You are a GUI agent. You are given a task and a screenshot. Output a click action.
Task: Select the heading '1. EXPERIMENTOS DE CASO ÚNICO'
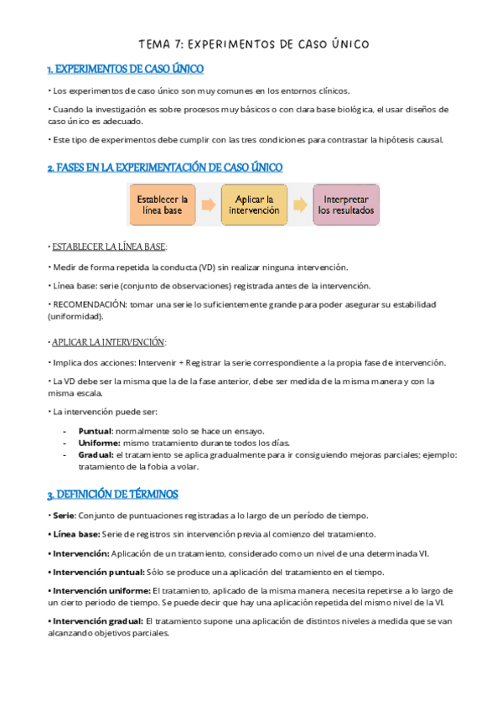[x=126, y=69]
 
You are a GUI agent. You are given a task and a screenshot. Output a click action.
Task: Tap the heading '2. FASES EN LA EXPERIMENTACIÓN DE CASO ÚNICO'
[x=165, y=168]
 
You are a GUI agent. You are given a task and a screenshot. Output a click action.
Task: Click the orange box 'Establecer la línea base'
[x=163, y=205]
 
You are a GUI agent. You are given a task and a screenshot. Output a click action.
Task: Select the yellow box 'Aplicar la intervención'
[x=254, y=205]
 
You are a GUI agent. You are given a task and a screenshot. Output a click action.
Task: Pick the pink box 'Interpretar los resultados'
[x=345, y=205]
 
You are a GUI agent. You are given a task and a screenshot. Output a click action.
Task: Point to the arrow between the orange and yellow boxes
[x=209, y=205]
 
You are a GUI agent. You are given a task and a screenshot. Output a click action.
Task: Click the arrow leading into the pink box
[x=300, y=205]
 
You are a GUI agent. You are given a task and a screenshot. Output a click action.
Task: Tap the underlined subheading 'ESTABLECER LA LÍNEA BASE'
[x=109, y=247]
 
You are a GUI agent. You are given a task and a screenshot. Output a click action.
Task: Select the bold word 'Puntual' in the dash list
[x=95, y=430]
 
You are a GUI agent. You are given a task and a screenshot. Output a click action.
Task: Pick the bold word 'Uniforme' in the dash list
[x=98, y=442]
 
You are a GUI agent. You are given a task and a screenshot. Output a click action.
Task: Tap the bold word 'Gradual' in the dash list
[x=96, y=454]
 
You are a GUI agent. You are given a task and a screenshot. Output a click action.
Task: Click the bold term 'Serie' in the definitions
[x=65, y=516]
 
